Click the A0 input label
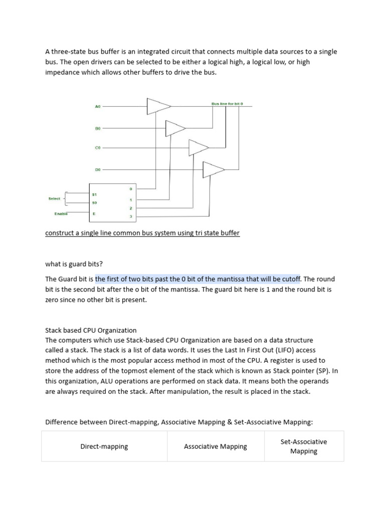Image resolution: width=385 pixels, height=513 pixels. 98,107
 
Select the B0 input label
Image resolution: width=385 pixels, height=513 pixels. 98,128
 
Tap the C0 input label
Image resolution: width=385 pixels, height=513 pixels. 98,148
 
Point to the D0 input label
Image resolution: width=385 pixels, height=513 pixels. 98,170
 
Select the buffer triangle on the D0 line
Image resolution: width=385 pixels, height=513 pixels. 213,170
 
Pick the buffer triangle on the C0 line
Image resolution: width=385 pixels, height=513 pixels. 198,148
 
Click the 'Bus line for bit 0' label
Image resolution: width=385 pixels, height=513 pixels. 227,104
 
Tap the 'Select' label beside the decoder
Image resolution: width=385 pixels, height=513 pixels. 54,198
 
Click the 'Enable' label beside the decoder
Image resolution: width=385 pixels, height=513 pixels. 61,214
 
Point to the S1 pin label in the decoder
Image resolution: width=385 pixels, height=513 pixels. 94,194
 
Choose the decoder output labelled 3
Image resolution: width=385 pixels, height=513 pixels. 130,216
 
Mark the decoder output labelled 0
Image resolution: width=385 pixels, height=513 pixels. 130,189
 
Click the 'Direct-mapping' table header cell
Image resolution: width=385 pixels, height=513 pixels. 104,446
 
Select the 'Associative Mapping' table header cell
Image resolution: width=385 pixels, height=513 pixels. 216,446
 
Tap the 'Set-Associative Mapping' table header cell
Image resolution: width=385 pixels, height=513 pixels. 304,446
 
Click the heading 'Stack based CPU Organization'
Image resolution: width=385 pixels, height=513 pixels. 91,330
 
